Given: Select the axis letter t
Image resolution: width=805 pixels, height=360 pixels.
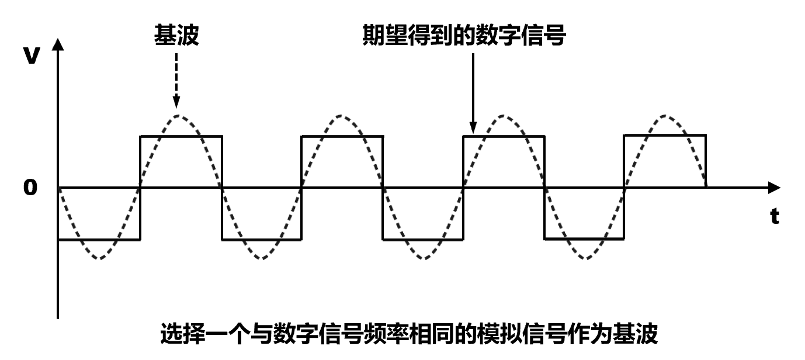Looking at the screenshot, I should [775, 217].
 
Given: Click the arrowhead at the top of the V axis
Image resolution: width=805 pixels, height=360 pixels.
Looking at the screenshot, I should [57, 46].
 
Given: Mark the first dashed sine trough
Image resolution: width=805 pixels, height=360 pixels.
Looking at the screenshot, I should [99, 258].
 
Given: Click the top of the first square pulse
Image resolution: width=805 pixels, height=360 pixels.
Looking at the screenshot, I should [181, 136].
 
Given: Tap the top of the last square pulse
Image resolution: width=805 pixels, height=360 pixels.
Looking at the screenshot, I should [665, 136].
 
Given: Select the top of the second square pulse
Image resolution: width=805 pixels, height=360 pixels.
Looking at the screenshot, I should [342, 136].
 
